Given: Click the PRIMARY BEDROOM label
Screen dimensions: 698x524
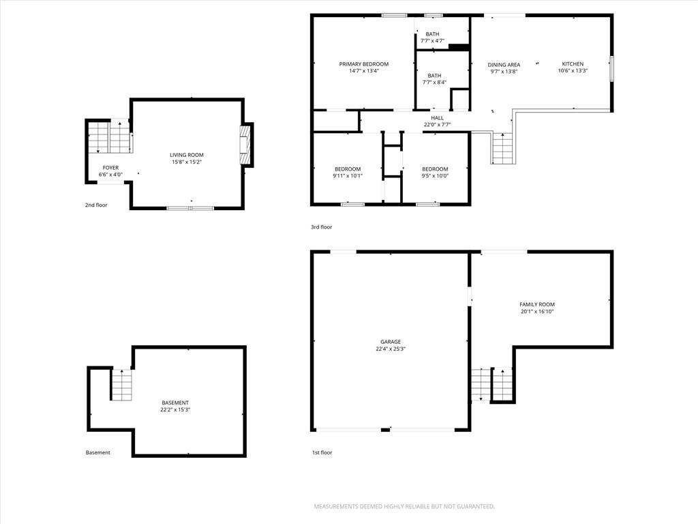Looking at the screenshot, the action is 364,64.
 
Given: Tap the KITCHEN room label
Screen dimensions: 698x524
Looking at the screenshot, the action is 573,63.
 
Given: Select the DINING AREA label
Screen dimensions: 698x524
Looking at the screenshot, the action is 504,65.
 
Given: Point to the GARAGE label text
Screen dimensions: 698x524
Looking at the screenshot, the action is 391,342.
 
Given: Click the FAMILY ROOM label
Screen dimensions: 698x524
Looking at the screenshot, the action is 537,304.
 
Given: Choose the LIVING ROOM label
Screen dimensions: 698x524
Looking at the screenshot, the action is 187,155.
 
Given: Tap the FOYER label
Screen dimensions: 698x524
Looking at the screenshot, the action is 110,168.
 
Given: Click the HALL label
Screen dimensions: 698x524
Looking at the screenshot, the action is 437,118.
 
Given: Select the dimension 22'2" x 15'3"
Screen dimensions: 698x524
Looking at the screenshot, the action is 175,409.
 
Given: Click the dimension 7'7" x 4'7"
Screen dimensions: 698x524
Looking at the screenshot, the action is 432,41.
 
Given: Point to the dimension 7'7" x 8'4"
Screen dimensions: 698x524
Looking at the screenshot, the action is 434,83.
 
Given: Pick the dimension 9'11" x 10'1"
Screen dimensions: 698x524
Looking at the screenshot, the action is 348,176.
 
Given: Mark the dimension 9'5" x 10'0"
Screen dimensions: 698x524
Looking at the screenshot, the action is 435,176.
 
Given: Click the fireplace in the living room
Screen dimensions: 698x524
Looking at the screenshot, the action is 245,145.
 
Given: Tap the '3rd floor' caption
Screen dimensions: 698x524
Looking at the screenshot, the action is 322,227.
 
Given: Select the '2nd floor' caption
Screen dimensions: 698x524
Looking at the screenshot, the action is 96,205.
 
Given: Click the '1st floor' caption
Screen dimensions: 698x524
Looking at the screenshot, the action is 322,453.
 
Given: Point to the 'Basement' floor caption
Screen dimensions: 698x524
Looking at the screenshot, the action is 98,453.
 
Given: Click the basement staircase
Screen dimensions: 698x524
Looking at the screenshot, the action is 121,385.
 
